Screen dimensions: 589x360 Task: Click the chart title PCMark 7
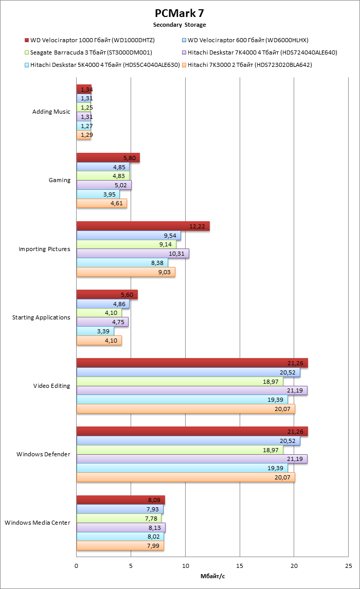[179, 13]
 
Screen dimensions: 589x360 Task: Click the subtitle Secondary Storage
[179, 25]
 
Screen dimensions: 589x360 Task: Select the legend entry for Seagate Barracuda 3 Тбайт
[91, 52]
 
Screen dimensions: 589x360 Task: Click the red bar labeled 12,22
[143, 226]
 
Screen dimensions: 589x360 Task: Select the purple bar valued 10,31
[133, 254]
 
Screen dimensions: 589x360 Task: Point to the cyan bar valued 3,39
[95, 331]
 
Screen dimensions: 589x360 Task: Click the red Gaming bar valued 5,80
[108, 158]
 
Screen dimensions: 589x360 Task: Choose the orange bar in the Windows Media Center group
[120, 546]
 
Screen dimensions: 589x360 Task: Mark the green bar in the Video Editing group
[179, 381]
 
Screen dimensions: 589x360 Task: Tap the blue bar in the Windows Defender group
[188, 441]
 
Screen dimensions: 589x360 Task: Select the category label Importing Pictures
[44, 249]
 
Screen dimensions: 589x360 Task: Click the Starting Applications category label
[41, 317]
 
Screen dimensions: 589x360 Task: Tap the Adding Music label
[51, 112]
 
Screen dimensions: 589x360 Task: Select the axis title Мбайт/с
[212, 576]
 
